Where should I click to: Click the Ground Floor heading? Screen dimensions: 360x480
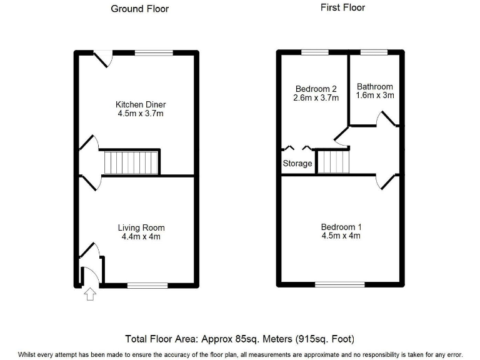pyautogui.click(x=139, y=9)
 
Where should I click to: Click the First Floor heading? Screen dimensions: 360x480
pyautogui.click(x=342, y=7)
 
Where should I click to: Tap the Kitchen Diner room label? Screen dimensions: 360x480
pyautogui.click(x=141, y=104)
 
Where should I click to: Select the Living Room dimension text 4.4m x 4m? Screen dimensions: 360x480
pyautogui.click(x=141, y=237)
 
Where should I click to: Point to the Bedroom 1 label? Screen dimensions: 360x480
pyautogui.click(x=341, y=227)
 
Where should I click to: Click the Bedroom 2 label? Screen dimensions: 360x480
pyautogui.click(x=316, y=88)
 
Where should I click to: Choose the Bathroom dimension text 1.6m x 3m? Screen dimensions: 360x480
pyautogui.click(x=374, y=96)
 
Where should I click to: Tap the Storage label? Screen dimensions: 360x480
pyautogui.click(x=297, y=163)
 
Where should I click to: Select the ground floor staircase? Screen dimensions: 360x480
pyautogui.click(x=132, y=162)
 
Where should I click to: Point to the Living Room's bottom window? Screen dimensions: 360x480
pyautogui.click(x=147, y=285)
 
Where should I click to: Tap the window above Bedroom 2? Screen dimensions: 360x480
pyautogui.click(x=316, y=53)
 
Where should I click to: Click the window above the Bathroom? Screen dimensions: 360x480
pyautogui.click(x=373, y=53)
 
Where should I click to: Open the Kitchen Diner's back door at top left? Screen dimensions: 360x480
pyautogui.click(x=102, y=59)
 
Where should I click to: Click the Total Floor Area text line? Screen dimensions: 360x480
pyautogui.click(x=240, y=339)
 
